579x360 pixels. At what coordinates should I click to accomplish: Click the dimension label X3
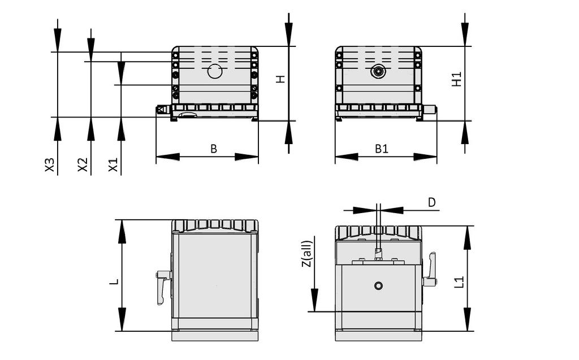click(50, 165)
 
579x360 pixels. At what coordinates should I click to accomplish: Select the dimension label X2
click(83, 165)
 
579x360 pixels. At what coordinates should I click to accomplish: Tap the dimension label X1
click(114, 165)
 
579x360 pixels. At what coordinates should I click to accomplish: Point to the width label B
click(214, 149)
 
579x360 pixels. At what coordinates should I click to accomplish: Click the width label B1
click(382, 149)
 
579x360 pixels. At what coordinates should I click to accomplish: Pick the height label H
click(280, 80)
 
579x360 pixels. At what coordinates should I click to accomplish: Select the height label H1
click(457, 79)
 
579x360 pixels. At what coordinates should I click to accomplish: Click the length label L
click(114, 281)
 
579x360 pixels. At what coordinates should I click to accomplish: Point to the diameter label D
click(432, 202)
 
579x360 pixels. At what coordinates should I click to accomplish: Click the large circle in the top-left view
click(215, 71)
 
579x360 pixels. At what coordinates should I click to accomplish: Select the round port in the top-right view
click(378, 71)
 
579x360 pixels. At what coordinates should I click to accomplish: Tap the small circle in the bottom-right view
click(378, 285)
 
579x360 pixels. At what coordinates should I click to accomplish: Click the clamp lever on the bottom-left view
click(163, 285)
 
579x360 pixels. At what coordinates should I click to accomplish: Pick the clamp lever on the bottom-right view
click(430, 270)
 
